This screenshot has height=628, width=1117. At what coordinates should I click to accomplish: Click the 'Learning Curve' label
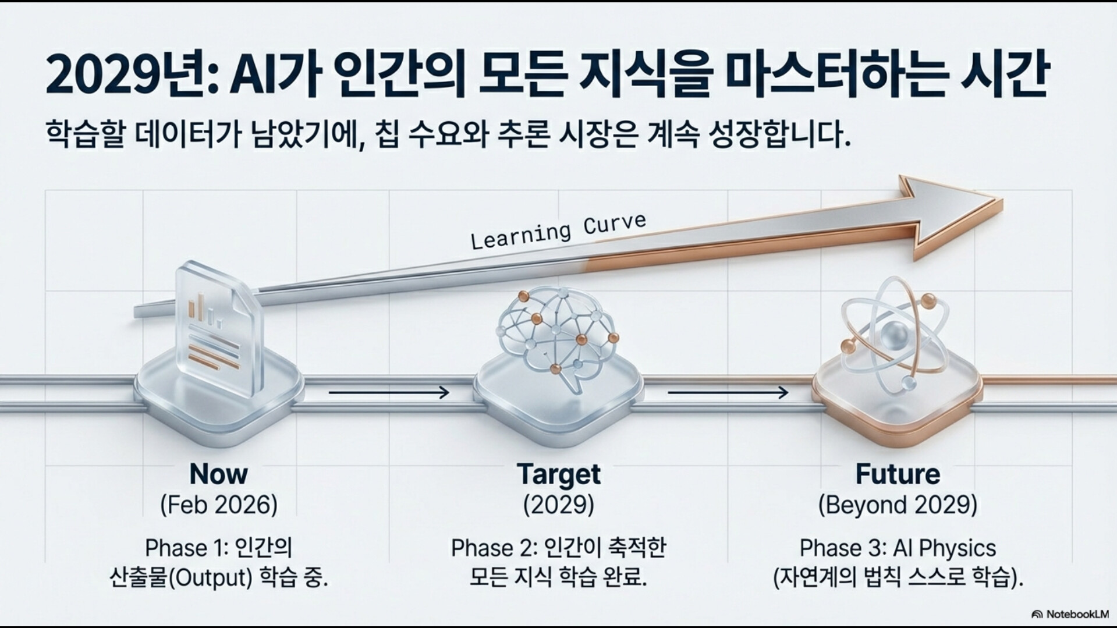(x=558, y=231)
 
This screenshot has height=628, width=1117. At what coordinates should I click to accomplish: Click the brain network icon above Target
(x=558, y=340)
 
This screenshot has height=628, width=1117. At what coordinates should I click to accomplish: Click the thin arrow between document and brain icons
(x=389, y=393)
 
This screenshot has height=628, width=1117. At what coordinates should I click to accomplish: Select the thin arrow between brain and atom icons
(x=728, y=393)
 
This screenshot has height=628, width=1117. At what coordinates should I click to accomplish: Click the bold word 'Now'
(x=218, y=474)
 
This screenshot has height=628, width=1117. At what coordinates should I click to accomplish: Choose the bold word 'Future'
(x=898, y=474)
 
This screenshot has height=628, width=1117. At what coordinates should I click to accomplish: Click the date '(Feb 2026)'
(x=219, y=505)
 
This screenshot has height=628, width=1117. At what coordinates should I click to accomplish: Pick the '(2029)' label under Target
(x=558, y=505)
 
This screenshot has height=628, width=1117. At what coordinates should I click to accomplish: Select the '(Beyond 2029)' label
(x=898, y=505)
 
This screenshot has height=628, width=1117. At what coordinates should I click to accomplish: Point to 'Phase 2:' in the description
(x=494, y=548)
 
